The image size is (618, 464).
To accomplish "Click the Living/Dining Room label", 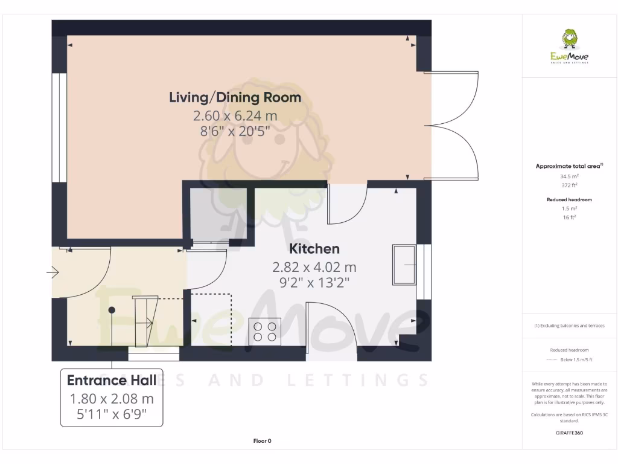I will pos(235,97).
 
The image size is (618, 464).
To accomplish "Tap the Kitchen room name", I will pos(314,248).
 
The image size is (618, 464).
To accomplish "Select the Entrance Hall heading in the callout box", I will pos(111,380).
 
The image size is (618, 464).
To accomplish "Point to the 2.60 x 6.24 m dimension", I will pos(235,115).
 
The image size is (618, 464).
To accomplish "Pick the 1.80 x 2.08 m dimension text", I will pos(112,399).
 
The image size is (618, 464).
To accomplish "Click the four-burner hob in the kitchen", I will pos(264,332).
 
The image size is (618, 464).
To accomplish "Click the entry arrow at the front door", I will pos(53,273).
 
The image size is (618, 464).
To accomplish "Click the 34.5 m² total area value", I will pos(569,176).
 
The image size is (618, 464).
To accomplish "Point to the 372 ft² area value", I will pos(569,185).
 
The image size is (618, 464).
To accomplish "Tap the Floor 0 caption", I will pos(262,441).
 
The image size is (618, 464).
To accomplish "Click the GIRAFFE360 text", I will pos(569,433).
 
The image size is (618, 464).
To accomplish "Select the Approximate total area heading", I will pos(569,166).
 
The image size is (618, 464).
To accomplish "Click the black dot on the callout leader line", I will pos(112,310).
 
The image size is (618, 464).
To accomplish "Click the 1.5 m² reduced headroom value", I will pos(569,208).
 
